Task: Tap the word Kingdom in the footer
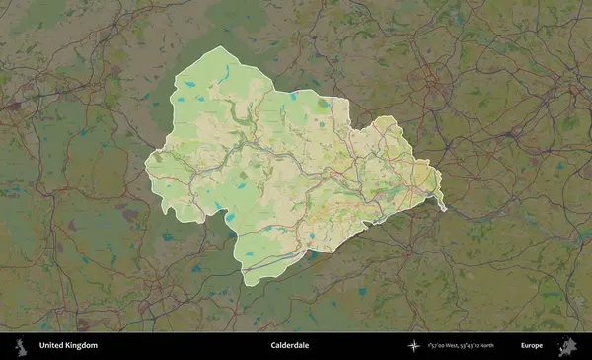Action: [82, 346]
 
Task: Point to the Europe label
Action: [532, 346]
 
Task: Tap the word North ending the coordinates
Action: [511, 346]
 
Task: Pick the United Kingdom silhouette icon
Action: [19, 346]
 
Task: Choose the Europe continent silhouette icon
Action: [567, 346]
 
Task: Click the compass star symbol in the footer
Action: [417, 346]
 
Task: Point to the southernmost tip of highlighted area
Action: [248, 285]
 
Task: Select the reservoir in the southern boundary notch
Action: [228, 218]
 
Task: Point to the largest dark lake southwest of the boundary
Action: [195, 266]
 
